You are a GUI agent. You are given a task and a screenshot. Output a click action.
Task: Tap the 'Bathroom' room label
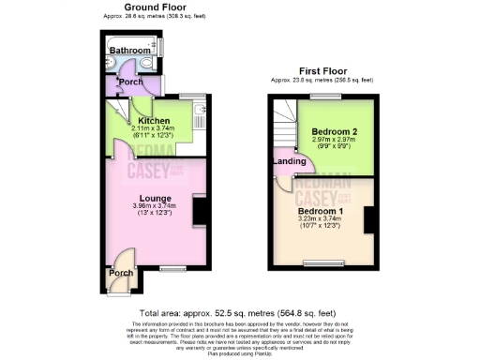click(128, 51)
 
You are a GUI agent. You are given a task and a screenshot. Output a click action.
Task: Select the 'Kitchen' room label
click(153, 121)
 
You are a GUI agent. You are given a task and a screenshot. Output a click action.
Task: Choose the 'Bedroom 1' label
click(320, 212)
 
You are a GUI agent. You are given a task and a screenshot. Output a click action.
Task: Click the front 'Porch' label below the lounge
click(121, 273)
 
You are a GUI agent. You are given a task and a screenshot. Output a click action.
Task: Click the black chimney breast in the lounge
click(200, 209)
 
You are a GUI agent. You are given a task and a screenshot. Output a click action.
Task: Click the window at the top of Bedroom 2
click(327, 97)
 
